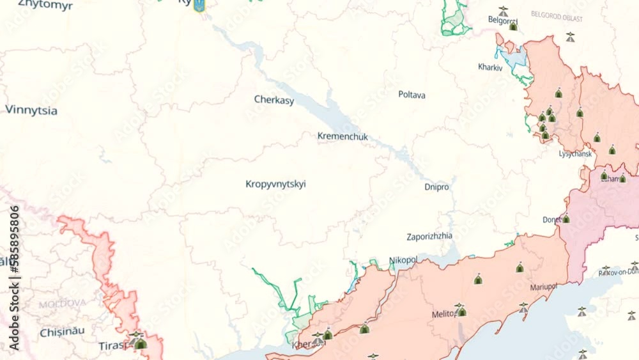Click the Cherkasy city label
point(274,100)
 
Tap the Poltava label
point(412,95)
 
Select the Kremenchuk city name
point(343,136)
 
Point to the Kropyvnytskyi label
point(275,184)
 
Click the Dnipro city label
point(436,187)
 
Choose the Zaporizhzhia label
point(429,236)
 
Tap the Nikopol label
point(403,260)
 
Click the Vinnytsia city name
point(31,110)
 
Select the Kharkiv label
point(490,67)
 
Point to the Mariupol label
point(543,287)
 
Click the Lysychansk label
point(575,154)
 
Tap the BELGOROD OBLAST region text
point(557,17)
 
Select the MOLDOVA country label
point(62,303)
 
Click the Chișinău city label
point(62,332)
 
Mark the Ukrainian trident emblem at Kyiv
point(199,5)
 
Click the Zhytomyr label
point(45,5)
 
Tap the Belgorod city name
point(502,20)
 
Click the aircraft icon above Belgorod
point(504,10)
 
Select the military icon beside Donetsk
point(566,219)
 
